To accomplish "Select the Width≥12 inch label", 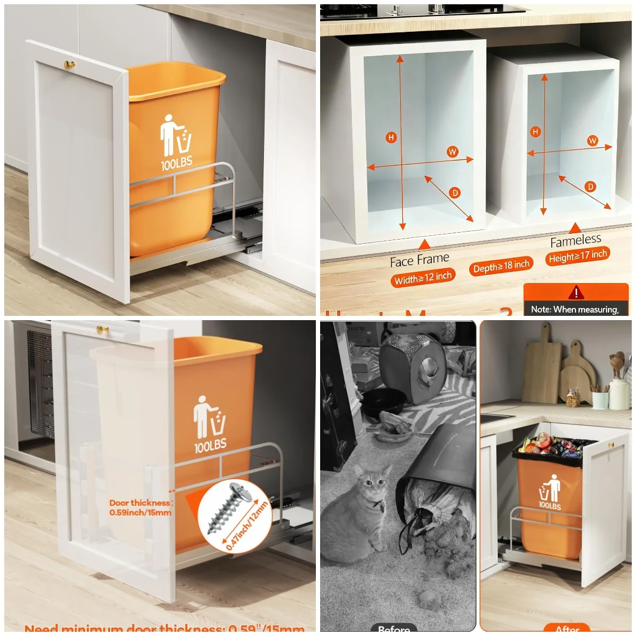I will pyautogui.click(x=422, y=277).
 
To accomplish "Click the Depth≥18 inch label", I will pyautogui.click(x=501, y=266).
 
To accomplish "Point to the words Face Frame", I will pyautogui.click(x=419, y=260).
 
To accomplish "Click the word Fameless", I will pyautogui.click(x=576, y=241).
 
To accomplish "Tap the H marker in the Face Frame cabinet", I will pyautogui.click(x=391, y=137).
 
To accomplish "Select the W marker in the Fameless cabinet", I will pyautogui.click(x=592, y=140).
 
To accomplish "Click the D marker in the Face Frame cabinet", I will pyautogui.click(x=455, y=193).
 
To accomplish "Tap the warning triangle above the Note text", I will pyautogui.click(x=576, y=293).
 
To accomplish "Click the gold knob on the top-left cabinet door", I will pyautogui.click(x=69, y=65).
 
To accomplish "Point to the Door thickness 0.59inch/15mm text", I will pyautogui.click(x=140, y=507).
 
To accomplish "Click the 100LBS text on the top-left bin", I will pyautogui.click(x=176, y=163).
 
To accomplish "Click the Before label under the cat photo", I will pyautogui.click(x=394, y=629).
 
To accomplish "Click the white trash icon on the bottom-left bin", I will pyautogui.click(x=209, y=417).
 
